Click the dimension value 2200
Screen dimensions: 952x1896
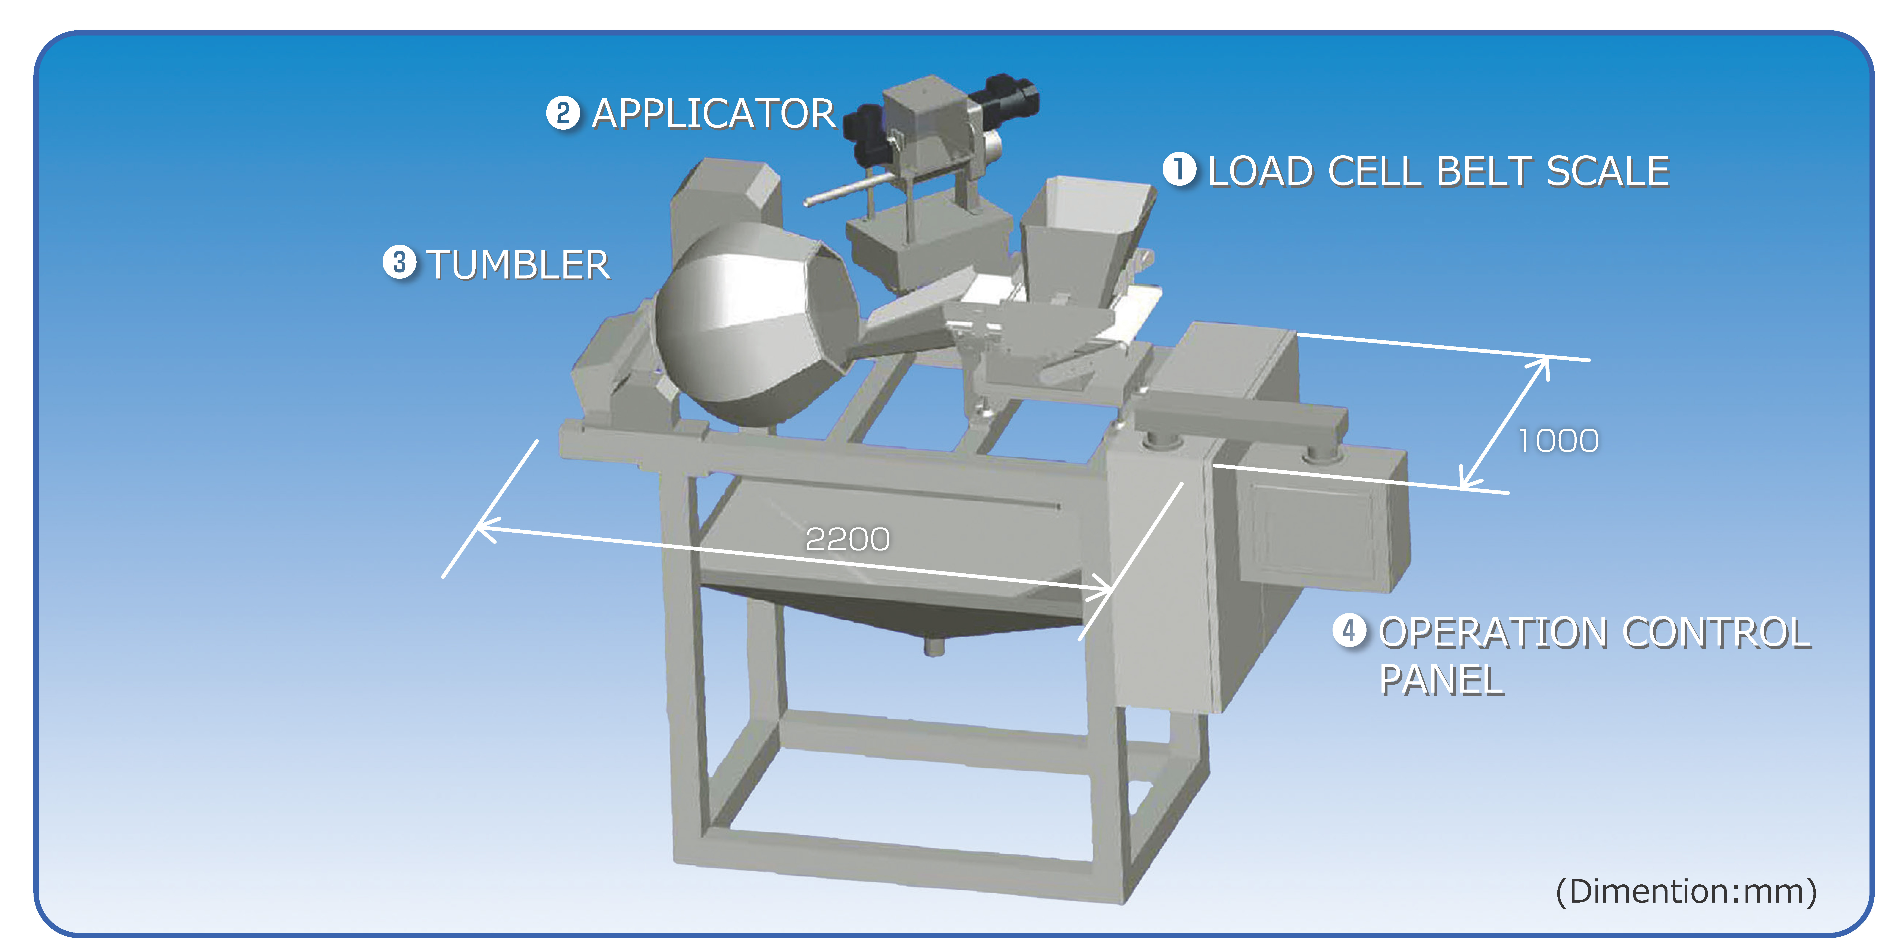847,539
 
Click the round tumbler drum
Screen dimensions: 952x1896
743,324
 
